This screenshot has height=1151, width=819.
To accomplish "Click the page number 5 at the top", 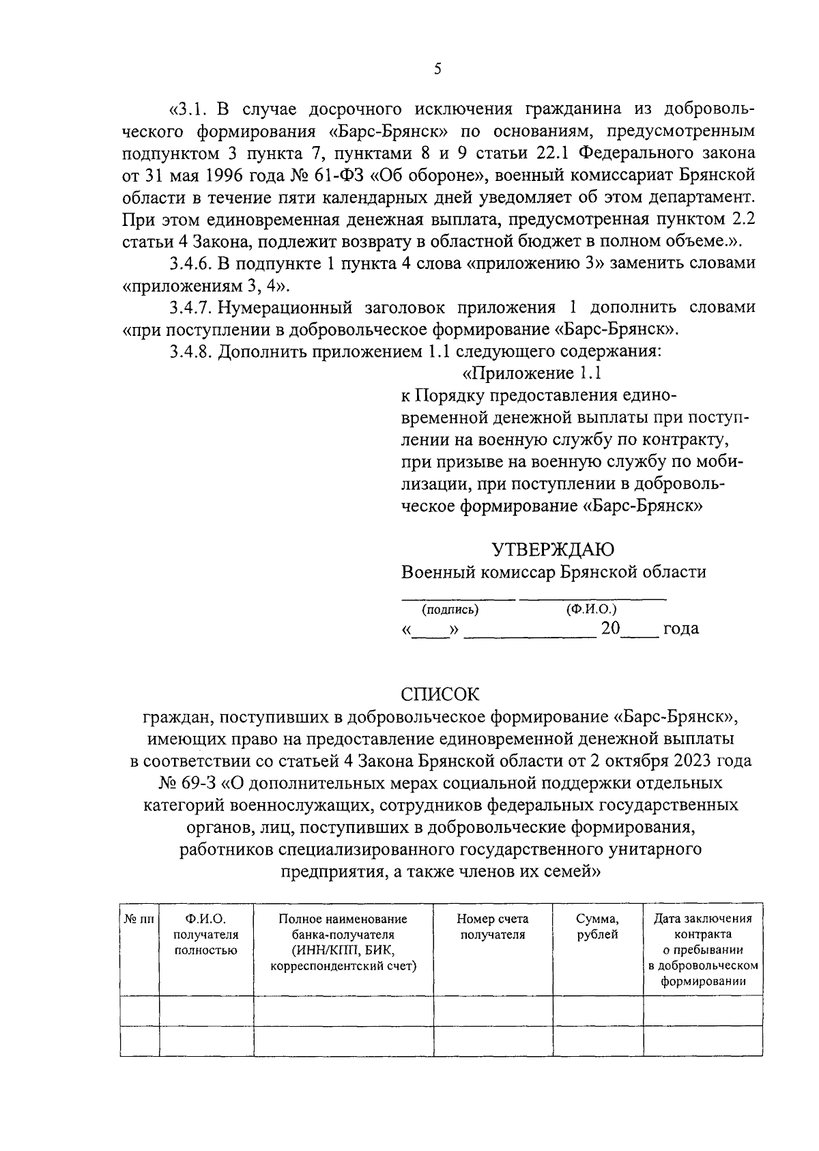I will (x=437, y=68).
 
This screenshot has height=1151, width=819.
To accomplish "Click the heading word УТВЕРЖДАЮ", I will (x=554, y=550).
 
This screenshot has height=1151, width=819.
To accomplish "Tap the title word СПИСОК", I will (x=440, y=694).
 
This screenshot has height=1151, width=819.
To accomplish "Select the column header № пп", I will (x=139, y=920).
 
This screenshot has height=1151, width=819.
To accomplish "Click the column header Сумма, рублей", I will (x=597, y=927).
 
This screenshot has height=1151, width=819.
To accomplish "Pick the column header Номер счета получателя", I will (x=492, y=927).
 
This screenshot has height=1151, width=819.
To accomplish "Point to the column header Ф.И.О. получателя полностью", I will (x=206, y=935).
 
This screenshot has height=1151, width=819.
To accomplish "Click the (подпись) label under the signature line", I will (x=450, y=610).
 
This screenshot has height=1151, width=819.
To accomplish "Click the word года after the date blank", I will (x=681, y=628).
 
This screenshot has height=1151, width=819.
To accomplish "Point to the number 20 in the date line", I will (x=610, y=628).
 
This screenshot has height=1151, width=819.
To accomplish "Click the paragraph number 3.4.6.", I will (x=191, y=263).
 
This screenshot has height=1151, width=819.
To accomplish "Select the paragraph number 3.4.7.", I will (x=191, y=307).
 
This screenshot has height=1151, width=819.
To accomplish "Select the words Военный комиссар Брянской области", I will (x=554, y=572).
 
